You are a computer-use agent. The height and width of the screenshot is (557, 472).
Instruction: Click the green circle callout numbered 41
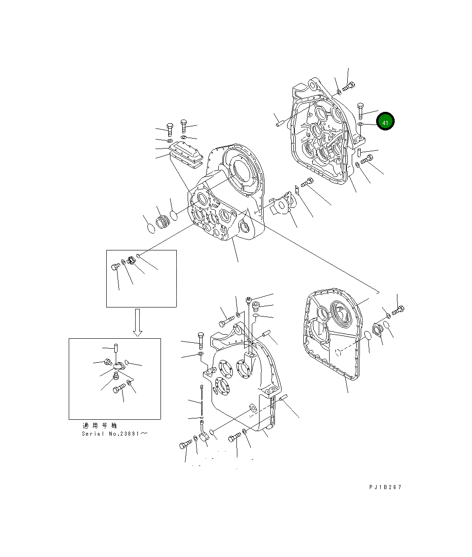coord(385,121)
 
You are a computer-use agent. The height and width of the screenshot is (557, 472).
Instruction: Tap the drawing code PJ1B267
coord(385,487)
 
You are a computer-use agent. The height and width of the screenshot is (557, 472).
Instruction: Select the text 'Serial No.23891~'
coord(115,433)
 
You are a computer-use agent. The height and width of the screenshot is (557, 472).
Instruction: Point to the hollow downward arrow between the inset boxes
coord(137,322)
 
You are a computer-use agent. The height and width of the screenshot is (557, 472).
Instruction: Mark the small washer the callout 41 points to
coord(361,124)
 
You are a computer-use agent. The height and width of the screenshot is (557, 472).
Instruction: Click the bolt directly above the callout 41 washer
coord(361,110)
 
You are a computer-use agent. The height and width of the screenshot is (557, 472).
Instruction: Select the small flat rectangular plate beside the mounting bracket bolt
coord(297,190)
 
